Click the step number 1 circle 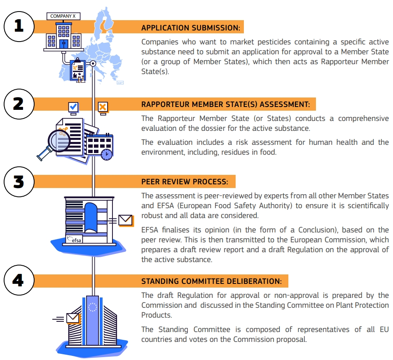click(19, 26)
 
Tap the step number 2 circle click(19, 104)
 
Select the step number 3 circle click(19, 181)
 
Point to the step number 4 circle click(19, 281)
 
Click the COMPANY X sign click(63, 16)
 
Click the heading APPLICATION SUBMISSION click(191, 28)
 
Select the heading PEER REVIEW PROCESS click(185, 182)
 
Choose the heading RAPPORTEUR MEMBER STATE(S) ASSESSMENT click(225, 105)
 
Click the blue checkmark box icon click(73, 107)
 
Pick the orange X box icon click(103, 107)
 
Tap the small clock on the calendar click(106, 154)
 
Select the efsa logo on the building click(74, 240)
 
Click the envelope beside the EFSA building click(125, 220)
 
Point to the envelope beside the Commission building click(73, 318)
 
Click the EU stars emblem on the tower click(92, 307)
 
